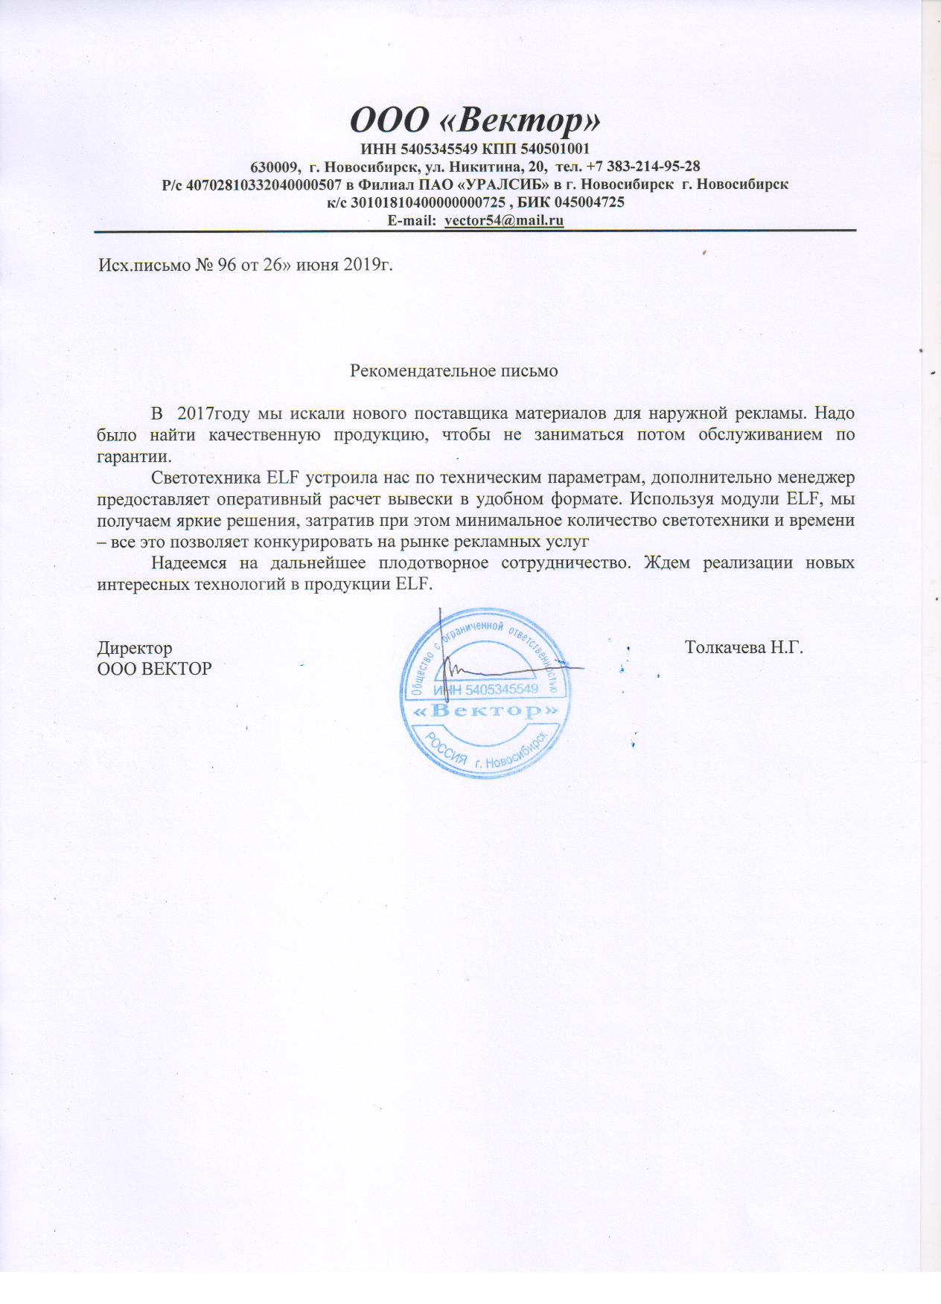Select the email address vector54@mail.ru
503,220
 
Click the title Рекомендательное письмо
454,370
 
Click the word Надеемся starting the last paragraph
186,562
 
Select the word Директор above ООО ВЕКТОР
135,648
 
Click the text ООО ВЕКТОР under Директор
155,668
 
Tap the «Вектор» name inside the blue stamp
485,712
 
